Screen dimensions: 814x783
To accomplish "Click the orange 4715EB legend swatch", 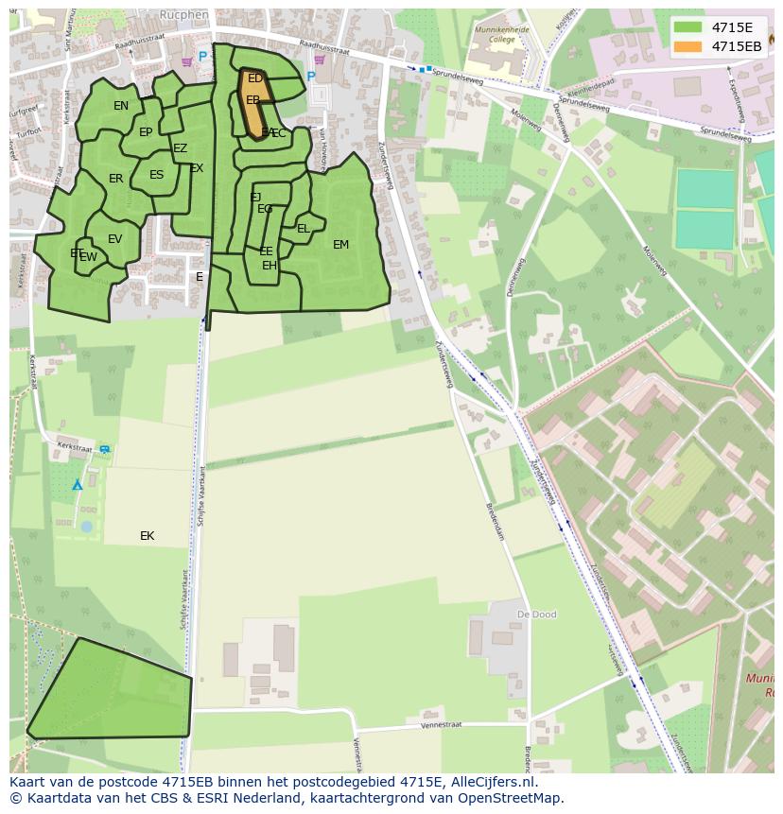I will (x=688, y=46).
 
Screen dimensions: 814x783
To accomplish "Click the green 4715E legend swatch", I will (x=688, y=27).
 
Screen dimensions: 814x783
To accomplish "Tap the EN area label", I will (x=121, y=106).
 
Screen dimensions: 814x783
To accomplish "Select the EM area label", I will (x=340, y=245).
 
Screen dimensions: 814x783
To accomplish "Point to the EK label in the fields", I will (x=147, y=536).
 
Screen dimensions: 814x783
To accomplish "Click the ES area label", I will (x=156, y=175).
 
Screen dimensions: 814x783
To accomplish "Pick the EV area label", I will (x=114, y=239).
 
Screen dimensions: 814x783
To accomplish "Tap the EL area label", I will (x=304, y=229).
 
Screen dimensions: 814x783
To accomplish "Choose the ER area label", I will (x=115, y=179).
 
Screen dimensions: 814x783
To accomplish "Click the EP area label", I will (x=146, y=132).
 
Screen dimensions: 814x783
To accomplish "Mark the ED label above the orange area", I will (x=255, y=78).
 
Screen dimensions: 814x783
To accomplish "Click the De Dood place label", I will (x=536, y=615).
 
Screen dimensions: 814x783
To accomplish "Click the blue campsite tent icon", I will (x=78, y=485).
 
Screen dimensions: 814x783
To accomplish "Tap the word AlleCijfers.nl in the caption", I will (x=493, y=783).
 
